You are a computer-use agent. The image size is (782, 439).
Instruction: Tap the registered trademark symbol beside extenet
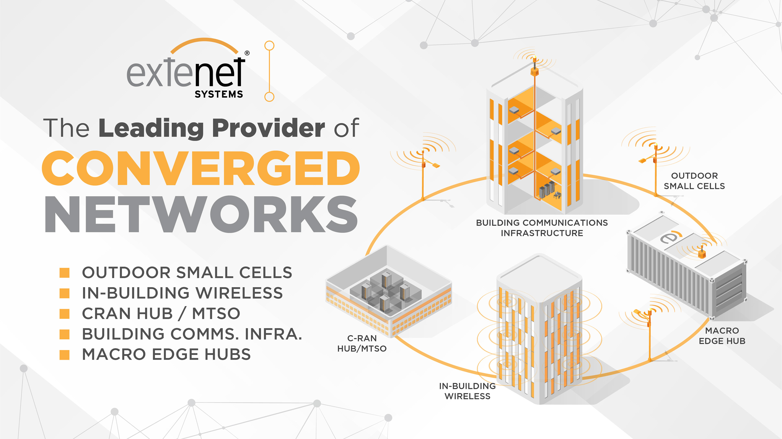[x=247, y=53]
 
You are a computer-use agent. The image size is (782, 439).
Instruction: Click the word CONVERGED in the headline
[x=201, y=168]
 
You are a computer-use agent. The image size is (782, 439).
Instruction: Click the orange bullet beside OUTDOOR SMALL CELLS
[x=64, y=272]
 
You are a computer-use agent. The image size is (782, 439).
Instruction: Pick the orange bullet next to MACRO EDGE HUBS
[x=64, y=355]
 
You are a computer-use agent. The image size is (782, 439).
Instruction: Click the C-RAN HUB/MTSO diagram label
[x=362, y=343]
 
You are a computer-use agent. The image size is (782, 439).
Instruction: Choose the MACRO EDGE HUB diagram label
[x=722, y=336]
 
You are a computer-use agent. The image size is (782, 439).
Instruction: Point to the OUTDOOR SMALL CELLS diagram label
[x=694, y=181]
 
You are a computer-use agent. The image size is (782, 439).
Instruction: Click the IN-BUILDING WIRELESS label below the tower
[x=468, y=391]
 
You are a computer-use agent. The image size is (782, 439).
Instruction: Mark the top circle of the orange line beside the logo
[x=269, y=46]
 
